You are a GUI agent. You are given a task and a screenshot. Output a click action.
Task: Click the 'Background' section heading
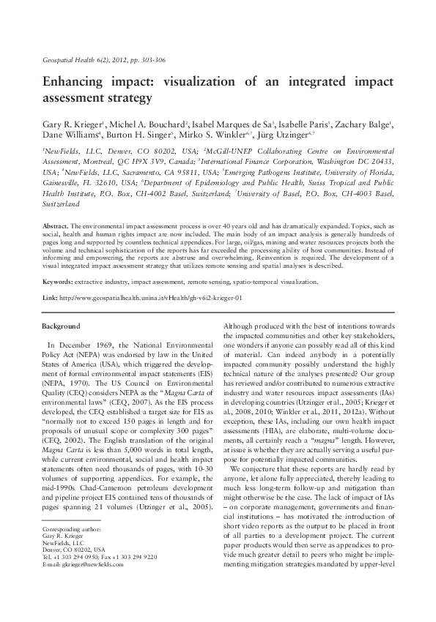point(62,325)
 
